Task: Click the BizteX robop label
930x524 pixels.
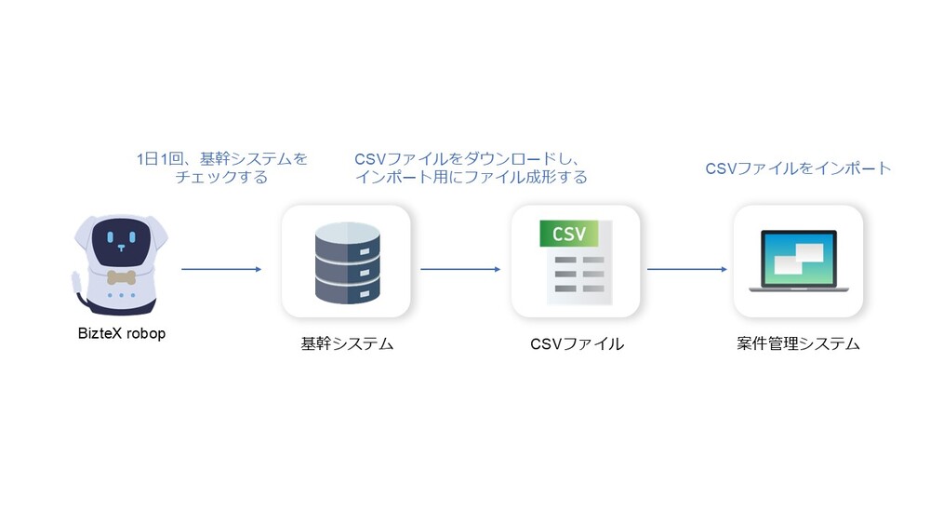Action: tap(121, 332)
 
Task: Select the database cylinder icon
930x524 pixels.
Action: tap(346, 262)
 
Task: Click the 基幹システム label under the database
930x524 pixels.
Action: tap(347, 344)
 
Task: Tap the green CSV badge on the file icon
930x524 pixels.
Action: tap(568, 234)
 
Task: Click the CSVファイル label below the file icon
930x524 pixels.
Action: tap(577, 344)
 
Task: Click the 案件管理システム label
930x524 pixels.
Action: tap(798, 344)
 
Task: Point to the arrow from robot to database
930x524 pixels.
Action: tap(221, 270)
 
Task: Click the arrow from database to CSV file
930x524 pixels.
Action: tap(460, 270)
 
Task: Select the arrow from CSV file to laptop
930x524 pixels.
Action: tap(686, 270)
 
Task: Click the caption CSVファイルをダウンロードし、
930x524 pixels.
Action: tap(473, 159)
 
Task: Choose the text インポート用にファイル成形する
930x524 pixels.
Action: tap(472, 177)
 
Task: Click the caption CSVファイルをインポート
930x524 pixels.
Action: tap(798, 168)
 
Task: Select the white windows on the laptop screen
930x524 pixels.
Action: tap(799, 257)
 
